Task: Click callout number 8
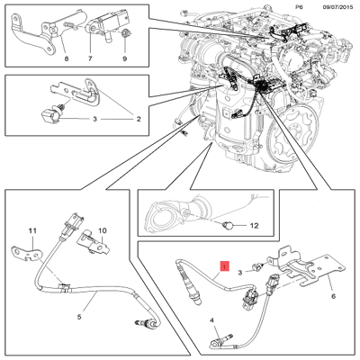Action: click(x=64, y=58)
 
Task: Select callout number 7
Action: click(x=90, y=58)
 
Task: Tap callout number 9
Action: click(x=123, y=58)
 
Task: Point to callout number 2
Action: click(x=139, y=119)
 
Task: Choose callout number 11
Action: click(x=31, y=231)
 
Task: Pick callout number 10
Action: click(x=102, y=231)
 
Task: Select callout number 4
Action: click(x=213, y=320)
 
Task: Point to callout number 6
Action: click(x=332, y=294)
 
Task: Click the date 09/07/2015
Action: click(x=328, y=7)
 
